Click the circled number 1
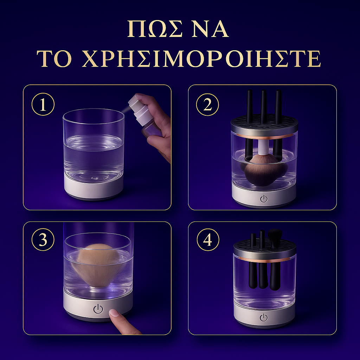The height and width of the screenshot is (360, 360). pos(43,105)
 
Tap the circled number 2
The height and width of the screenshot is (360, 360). pos(207,105)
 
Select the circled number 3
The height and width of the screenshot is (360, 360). pos(43,240)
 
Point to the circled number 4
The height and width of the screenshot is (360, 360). pos(208,240)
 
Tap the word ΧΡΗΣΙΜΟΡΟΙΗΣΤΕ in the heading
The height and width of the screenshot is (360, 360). pos(201,59)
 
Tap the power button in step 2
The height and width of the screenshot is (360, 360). pos(264,199)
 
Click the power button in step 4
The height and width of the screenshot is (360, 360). pos(264,318)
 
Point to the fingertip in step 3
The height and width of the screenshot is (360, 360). pos(115,313)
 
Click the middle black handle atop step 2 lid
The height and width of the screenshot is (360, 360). pos(263,105)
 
